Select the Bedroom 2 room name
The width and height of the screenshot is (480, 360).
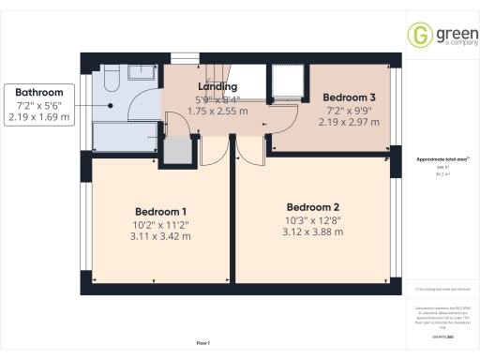click(x=312, y=207)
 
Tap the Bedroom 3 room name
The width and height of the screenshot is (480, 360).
click(x=349, y=97)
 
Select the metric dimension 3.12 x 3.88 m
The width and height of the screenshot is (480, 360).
click(x=312, y=232)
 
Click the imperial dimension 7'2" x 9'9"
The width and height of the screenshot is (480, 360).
click(x=349, y=110)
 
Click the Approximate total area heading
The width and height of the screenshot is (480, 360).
click(x=441, y=159)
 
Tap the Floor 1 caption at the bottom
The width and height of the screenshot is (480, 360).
click(x=203, y=343)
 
